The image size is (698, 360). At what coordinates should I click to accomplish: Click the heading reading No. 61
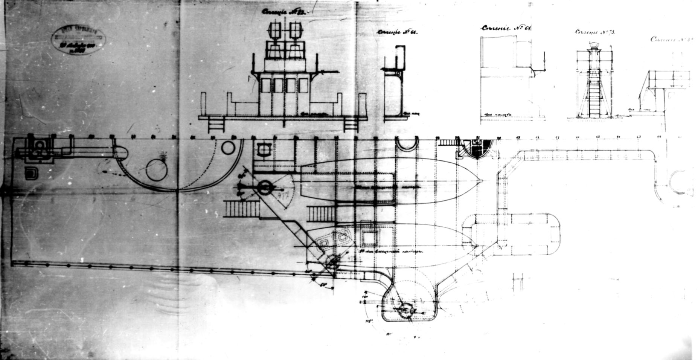point(506,29)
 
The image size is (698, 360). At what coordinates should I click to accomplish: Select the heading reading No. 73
point(594,33)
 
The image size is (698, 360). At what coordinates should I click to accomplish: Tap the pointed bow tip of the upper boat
point(482,182)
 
